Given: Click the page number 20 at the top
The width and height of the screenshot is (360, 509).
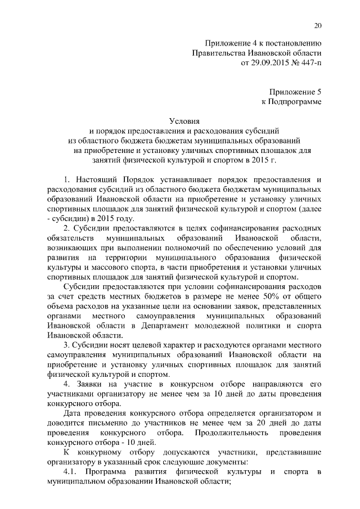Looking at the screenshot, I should click(317, 25).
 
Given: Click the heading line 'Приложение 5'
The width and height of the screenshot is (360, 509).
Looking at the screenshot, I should click(295, 91).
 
